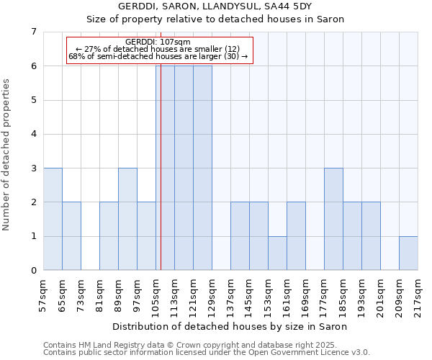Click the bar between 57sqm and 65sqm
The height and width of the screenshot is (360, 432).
(53, 219)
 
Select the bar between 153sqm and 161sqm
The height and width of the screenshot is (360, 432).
(277, 253)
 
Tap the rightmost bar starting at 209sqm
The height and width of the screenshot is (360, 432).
(408, 253)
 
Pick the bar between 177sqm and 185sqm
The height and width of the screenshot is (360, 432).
(333, 219)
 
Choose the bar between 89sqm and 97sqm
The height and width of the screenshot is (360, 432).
(127, 219)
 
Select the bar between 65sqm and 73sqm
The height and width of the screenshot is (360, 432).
(71, 236)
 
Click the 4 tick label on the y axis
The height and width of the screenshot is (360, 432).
(33, 134)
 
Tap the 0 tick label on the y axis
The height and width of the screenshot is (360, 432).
(33, 271)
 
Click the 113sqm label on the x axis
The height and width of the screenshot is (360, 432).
(174, 295)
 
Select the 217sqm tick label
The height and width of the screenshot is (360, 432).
(418, 295)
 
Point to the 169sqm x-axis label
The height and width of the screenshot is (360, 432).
(305, 295)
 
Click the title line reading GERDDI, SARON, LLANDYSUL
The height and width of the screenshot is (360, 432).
(215, 6)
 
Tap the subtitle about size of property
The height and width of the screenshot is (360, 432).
(215, 19)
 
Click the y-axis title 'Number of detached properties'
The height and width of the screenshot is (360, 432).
(7, 155)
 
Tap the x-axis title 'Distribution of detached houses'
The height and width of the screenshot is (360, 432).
(230, 327)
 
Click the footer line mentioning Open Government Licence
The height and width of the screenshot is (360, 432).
(207, 353)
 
